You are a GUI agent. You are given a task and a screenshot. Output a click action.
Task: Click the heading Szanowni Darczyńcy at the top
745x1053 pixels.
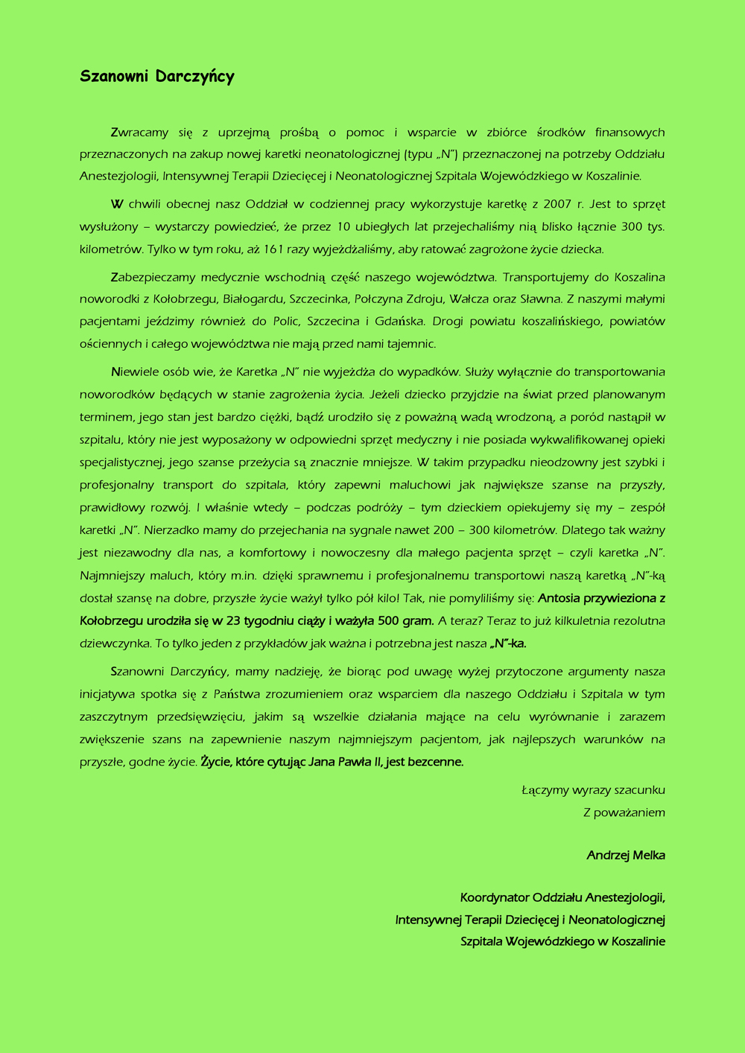(157, 77)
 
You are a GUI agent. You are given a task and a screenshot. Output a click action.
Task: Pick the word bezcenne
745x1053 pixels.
(435, 762)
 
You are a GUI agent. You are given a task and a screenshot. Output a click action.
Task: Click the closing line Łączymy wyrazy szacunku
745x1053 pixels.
(593, 790)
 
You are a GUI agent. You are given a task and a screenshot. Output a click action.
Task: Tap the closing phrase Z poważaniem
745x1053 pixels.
(624, 812)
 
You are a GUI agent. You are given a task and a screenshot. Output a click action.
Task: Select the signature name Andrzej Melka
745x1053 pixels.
(626, 855)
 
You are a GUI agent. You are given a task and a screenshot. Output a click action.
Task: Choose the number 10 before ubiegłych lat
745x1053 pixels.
(343, 226)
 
